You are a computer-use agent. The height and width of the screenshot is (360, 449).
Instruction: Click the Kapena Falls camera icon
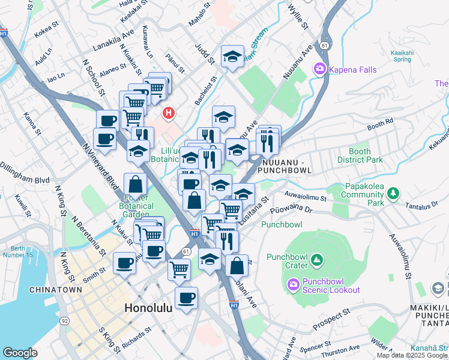pyautogui.click(x=319, y=70)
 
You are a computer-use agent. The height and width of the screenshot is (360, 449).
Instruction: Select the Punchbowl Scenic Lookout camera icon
pyautogui.click(x=292, y=285)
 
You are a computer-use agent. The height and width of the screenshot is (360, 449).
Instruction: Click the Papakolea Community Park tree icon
pyautogui.click(x=393, y=193)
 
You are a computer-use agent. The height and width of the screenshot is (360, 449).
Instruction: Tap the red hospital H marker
pyautogui.click(x=169, y=112)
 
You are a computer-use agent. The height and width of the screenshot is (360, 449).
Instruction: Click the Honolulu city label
pyautogui.click(x=148, y=307)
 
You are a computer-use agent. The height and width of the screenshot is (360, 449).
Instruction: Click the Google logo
pyautogui.click(x=20, y=353)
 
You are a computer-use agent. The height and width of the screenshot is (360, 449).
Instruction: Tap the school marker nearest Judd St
pyautogui.click(x=232, y=57)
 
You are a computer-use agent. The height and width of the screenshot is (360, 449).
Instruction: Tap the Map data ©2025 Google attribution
pyautogui.click(x=412, y=355)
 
